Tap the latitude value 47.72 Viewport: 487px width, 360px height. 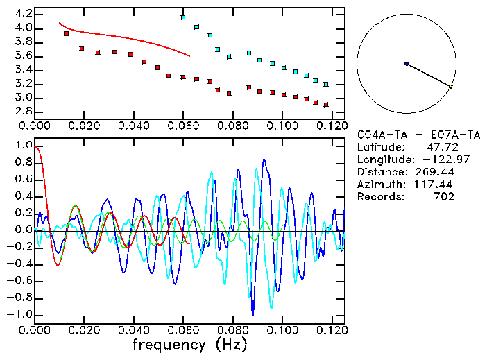coord(441,147)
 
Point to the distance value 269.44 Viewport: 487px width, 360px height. coord(435,172)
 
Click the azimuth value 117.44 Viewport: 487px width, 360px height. coord(435,185)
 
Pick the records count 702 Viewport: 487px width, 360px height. coord(444,197)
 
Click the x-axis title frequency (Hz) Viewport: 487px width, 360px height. coord(189,344)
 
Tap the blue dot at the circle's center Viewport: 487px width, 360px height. coord(407,64)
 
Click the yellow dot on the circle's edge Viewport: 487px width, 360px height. coord(451,87)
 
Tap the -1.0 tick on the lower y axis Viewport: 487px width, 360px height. coord(21,314)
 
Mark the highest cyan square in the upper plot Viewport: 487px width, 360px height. coord(183,17)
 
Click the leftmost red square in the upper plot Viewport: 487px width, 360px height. coord(67,33)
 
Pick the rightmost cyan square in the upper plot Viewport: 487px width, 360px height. coord(326,84)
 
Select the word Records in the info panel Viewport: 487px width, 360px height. coord(379,197)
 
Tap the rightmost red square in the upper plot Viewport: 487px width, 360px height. coord(326,105)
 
